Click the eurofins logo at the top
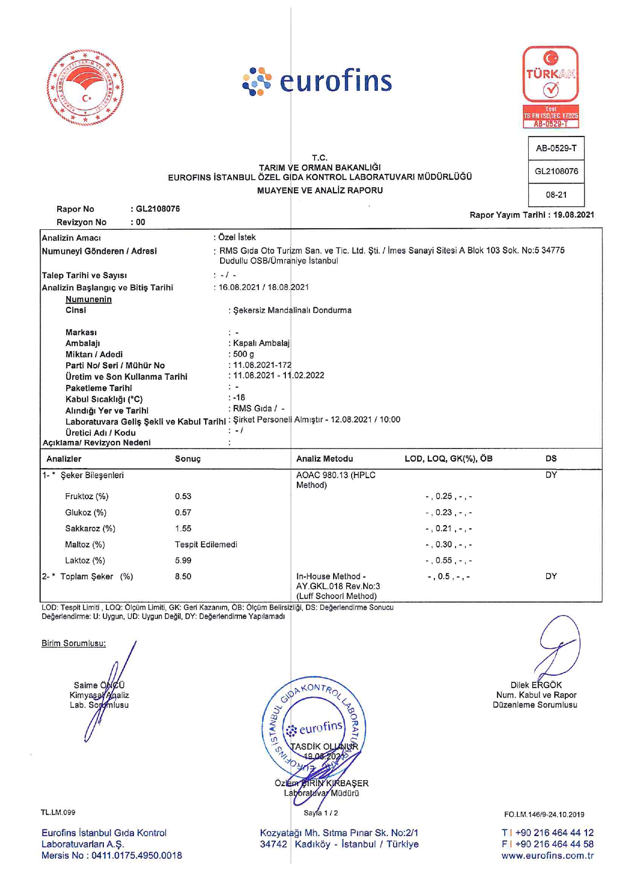[x=317, y=82]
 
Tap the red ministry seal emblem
[x=85, y=87]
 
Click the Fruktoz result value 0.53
[x=183, y=496]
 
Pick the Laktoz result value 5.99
[x=183, y=560]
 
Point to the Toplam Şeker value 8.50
[x=183, y=576]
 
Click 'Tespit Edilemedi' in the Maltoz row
[x=206, y=544]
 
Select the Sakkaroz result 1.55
[x=183, y=528]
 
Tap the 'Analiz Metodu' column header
[x=325, y=459]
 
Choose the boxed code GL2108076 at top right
[x=556, y=172]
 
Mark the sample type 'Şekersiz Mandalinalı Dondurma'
[x=292, y=311]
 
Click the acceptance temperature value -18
[x=239, y=398]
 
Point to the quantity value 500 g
[x=243, y=354]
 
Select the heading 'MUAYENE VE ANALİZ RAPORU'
[x=320, y=191]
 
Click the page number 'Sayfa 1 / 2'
[x=321, y=813]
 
